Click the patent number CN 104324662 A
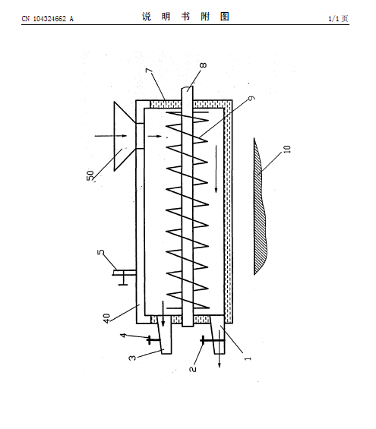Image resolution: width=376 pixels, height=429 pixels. pos(48,19)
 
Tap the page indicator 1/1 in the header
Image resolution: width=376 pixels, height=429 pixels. pos(333,19)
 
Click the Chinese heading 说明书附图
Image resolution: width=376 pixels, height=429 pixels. pos(185,17)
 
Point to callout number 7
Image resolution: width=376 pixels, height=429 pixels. pos(149,71)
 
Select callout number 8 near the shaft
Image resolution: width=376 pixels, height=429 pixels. pos(203,65)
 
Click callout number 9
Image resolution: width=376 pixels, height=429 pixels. pos(251,98)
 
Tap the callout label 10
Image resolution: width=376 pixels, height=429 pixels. pos(287,149)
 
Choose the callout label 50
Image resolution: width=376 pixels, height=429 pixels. pos(90,175)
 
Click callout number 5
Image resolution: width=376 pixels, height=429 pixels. pos(101,252)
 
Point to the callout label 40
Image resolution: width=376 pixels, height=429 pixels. pos(106,318)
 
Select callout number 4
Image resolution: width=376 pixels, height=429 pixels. pos(124,335)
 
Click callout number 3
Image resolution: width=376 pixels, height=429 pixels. pos(132,358)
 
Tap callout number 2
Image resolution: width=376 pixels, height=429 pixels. pos(193,369)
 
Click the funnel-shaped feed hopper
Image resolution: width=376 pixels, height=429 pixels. pos(125,136)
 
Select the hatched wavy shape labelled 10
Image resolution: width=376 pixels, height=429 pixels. pos(261,207)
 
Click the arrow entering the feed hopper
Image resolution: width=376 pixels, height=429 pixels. pos(111,136)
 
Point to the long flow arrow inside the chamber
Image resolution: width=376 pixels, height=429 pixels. pos(216,169)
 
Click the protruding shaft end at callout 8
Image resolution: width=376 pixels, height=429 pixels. pos(188,93)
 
